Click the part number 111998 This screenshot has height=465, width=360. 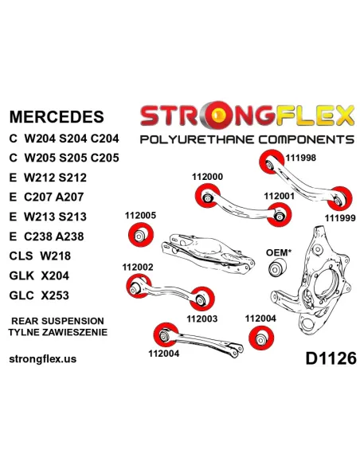pyautogui.click(x=301, y=158)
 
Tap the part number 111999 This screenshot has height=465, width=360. pyautogui.click(x=340, y=218)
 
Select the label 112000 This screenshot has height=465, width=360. pyautogui.click(x=207, y=177)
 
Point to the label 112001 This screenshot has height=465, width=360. pyautogui.click(x=279, y=197)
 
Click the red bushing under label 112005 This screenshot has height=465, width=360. pyautogui.click(x=141, y=235)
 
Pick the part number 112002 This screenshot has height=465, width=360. pyautogui.click(x=138, y=268)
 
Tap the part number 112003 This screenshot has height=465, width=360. pyautogui.click(x=202, y=318)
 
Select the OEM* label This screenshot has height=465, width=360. pyautogui.click(x=279, y=252)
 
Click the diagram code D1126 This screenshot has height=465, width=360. pyautogui.click(x=331, y=358)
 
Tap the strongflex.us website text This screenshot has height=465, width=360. pyautogui.click(x=43, y=359)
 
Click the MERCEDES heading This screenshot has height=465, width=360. pyautogui.click(x=57, y=116)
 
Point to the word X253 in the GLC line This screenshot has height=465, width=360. pyautogui.click(x=55, y=295)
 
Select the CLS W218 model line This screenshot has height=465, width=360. pyautogui.click(x=40, y=256)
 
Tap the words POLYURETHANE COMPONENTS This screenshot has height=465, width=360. pyautogui.click(x=247, y=139)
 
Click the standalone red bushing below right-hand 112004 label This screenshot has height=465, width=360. pyautogui.click(x=261, y=338)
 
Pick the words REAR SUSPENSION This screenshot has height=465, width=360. pyautogui.click(x=57, y=321)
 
